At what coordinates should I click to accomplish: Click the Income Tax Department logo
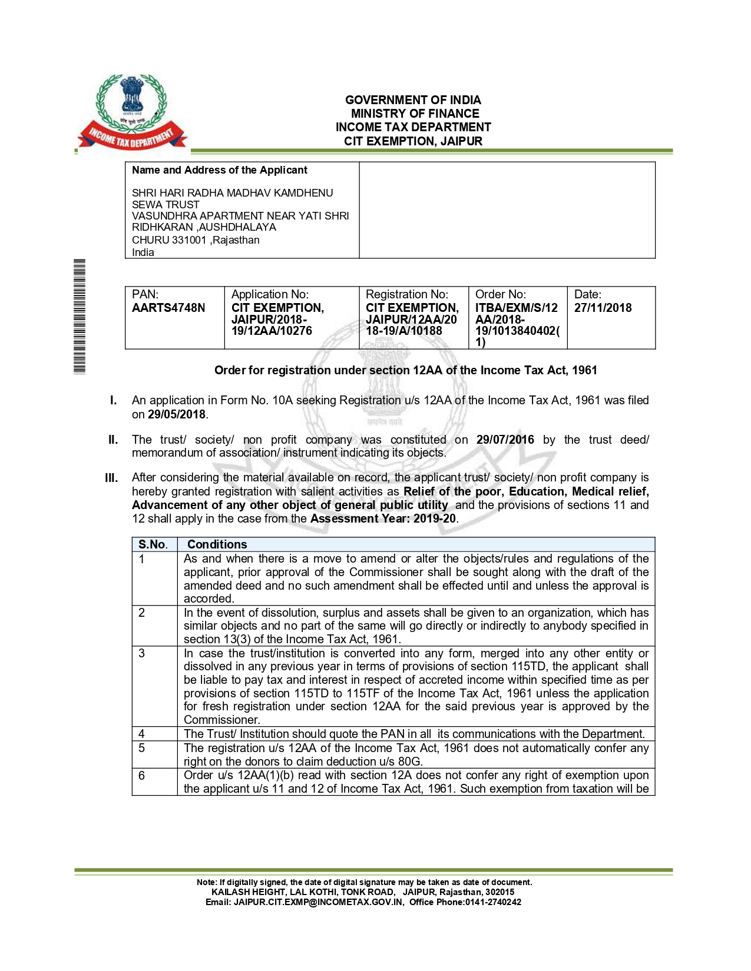133,112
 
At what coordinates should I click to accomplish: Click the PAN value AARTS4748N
168,308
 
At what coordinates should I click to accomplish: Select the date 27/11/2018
603,308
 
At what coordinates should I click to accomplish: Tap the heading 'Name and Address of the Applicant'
220,170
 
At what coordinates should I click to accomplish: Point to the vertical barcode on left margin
80,316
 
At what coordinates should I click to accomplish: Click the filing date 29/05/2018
177,414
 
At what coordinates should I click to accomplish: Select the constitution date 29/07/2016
505,440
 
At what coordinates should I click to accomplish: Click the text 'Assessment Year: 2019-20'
383,518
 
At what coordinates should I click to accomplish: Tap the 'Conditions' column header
217,544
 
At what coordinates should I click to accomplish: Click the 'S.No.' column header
153,544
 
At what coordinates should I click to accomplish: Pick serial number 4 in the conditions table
141,734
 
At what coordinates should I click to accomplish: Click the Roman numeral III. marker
111,478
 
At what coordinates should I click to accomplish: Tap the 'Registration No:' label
407,294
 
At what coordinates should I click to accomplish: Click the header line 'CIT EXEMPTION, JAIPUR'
413,141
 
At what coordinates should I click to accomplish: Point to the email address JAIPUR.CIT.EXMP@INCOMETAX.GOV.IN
319,902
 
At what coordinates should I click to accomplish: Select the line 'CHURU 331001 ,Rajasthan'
196,240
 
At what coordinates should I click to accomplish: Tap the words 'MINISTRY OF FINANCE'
415,114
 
